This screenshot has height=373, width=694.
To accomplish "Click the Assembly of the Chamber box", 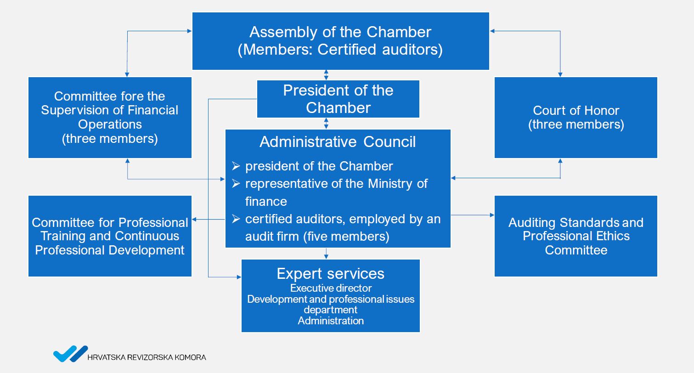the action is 340,41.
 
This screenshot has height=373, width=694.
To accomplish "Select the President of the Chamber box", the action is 338,99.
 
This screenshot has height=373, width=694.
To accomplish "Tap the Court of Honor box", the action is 576,118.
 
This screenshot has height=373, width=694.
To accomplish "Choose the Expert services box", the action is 331,295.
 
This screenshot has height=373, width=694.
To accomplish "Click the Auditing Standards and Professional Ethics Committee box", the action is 576,236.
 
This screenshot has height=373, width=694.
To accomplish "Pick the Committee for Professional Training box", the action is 110,236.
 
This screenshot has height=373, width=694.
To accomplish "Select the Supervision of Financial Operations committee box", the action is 110,118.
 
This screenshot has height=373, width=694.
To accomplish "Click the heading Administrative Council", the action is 338,142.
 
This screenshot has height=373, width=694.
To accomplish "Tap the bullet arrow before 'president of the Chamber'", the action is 236,166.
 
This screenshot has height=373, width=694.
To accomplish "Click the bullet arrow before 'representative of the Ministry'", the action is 236,183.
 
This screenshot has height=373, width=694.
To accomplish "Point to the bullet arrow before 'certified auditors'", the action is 236,219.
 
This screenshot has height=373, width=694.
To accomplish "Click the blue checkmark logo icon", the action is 71,354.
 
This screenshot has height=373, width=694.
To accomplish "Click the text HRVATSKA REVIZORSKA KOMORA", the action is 147,357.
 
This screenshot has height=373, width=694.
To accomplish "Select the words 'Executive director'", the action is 331,288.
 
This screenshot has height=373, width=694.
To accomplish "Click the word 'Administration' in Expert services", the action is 331,321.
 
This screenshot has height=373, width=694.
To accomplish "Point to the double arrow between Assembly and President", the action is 326,75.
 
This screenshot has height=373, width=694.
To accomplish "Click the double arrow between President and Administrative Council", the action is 326,123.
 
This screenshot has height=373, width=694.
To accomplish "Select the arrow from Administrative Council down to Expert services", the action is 326,254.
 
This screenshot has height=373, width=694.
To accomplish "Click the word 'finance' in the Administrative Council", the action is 266,201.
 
